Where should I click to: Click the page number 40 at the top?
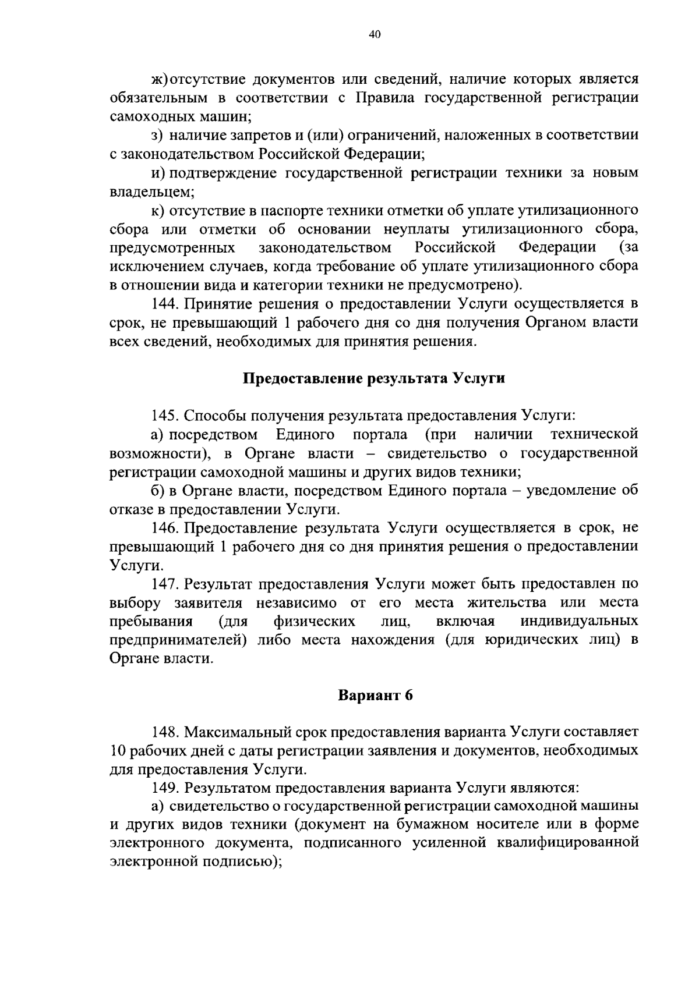(375, 35)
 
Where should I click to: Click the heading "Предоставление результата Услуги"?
(373, 378)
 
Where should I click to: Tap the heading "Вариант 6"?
(375, 695)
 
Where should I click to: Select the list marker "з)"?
(156, 136)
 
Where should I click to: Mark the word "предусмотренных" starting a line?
(172, 248)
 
